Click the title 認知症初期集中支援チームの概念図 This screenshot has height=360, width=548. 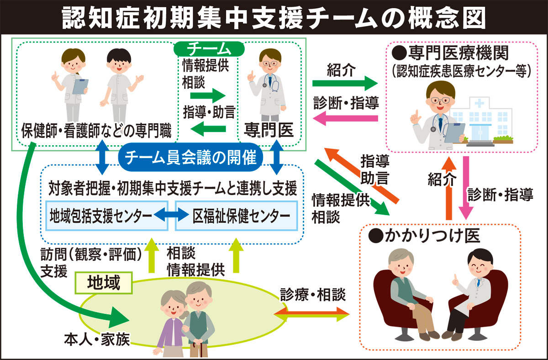click(274, 17)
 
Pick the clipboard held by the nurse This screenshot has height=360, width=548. click(81, 85)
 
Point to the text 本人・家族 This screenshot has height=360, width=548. click(97, 340)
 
